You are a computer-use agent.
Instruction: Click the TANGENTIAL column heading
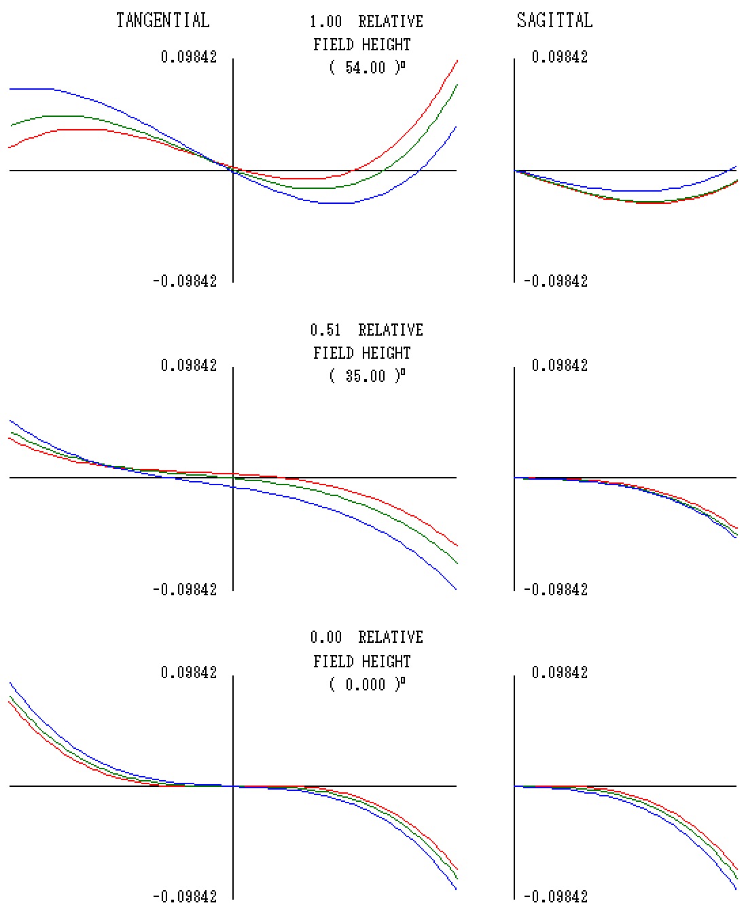click(162, 20)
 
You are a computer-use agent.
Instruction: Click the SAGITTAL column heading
click(554, 20)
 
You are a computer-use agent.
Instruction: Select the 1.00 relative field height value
click(325, 22)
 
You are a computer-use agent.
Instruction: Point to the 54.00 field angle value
click(365, 68)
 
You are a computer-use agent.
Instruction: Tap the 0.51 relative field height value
click(325, 330)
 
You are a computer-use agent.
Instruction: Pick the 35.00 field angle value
click(365, 376)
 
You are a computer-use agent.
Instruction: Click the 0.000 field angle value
click(365, 685)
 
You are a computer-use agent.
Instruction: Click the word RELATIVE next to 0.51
click(391, 330)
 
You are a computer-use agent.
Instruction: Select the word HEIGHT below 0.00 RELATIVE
click(386, 661)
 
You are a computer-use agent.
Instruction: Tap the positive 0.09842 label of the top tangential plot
click(189, 57)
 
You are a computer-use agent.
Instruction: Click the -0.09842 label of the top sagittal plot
click(556, 281)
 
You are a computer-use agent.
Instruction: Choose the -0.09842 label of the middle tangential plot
click(185, 590)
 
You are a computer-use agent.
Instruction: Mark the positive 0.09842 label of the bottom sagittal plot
click(560, 673)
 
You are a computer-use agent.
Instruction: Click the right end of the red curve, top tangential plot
click(457, 60)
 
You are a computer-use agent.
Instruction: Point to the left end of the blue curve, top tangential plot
click(10, 89)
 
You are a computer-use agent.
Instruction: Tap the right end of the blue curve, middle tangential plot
click(457, 589)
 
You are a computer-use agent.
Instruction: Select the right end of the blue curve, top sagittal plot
click(736, 166)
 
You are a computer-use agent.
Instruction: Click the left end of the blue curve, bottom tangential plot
click(10, 683)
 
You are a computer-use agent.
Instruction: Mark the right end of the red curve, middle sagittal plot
click(736, 528)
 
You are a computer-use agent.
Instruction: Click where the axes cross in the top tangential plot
click(233, 171)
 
